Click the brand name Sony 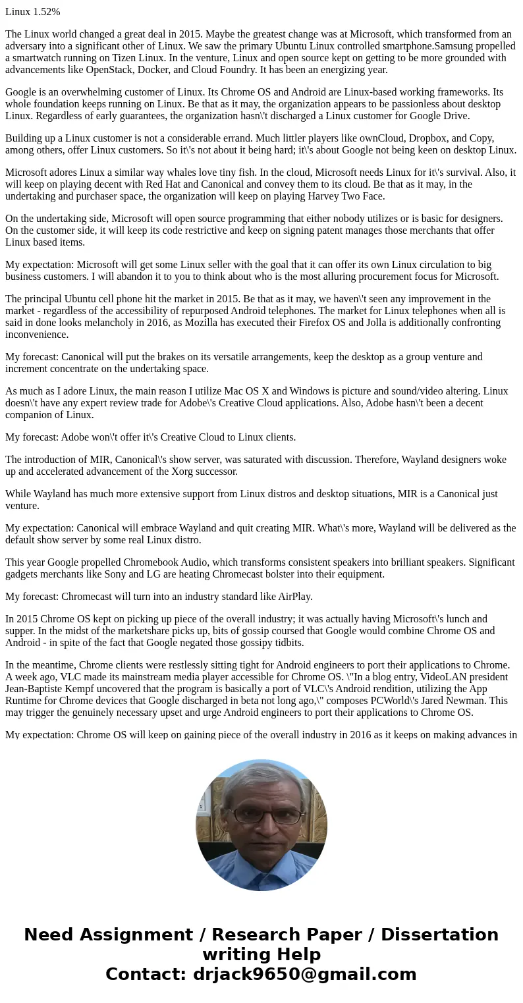click(x=161, y=574)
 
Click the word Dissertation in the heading click(x=439, y=935)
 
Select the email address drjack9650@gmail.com click(x=304, y=974)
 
